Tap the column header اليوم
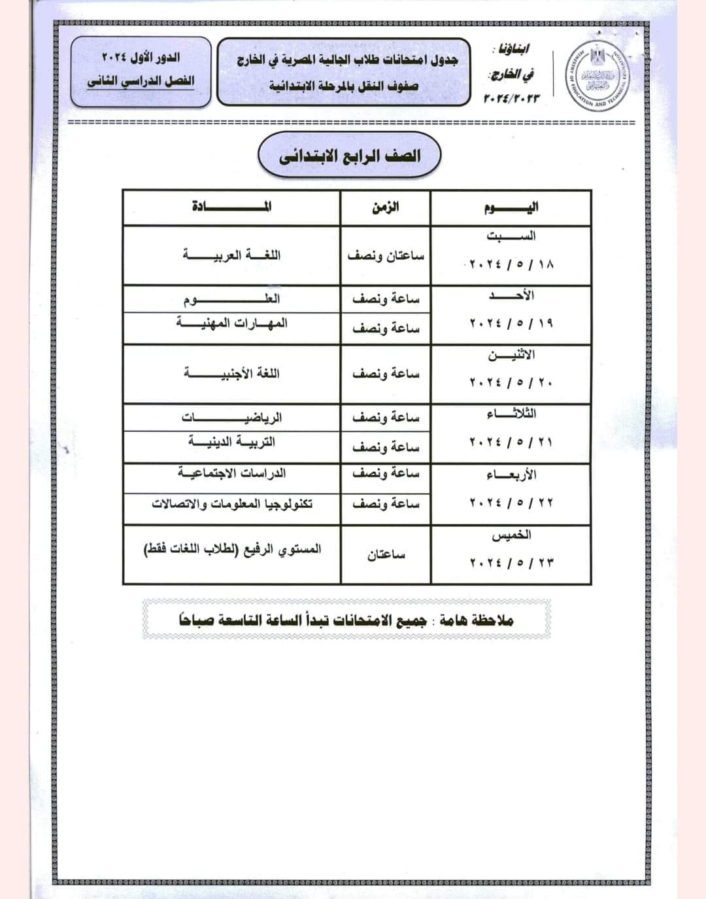pos(512,208)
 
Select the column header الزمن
pos(386,208)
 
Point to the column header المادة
pos(232,208)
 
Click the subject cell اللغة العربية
pos(232,255)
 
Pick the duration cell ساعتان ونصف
pos(386,256)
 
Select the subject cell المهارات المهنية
pos(232,324)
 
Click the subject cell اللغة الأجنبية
pos(232,374)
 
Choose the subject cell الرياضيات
pos(232,417)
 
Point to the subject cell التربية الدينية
pos(232,442)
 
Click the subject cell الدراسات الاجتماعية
pos(232,473)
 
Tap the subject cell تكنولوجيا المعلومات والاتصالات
pos(232,504)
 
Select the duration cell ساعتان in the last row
pos(386,555)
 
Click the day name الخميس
pos(512,536)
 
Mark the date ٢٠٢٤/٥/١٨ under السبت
pos(512,265)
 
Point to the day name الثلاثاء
pos(512,414)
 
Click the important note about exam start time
pos(346,619)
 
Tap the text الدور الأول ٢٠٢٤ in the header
pos(141,58)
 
